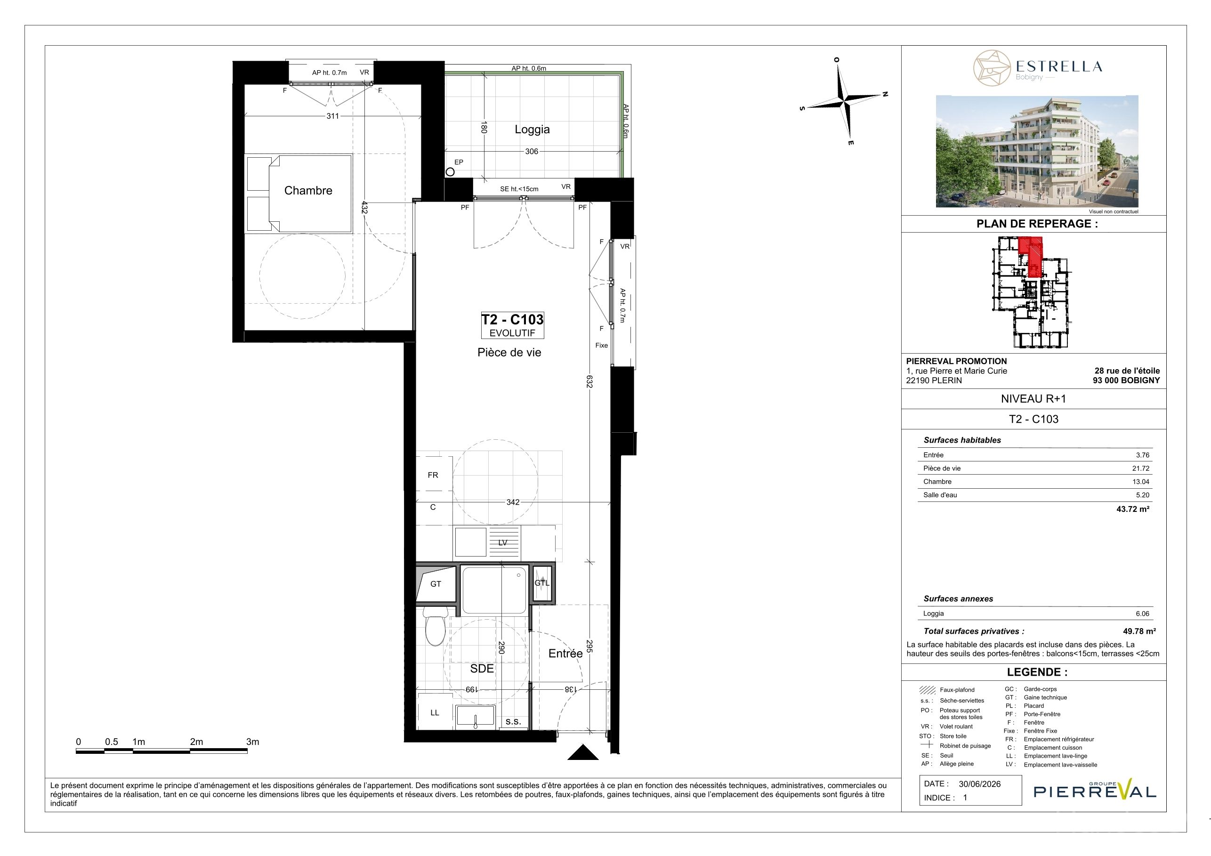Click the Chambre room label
click(308, 190)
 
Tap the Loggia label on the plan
click(532, 129)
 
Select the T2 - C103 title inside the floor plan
click(512, 320)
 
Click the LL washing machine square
click(435, 712)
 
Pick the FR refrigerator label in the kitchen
click(433, 475)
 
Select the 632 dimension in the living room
click(589, 381)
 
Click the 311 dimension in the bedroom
click(332, 116)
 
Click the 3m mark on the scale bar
click(253, 742)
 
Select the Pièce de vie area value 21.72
click(1141, 468)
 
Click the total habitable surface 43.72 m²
click(1133, 509)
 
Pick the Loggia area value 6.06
click(1142, 614)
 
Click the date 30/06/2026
click(979, 784)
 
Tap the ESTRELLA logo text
click(1058, 66)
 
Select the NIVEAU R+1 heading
click(1033, 399)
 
